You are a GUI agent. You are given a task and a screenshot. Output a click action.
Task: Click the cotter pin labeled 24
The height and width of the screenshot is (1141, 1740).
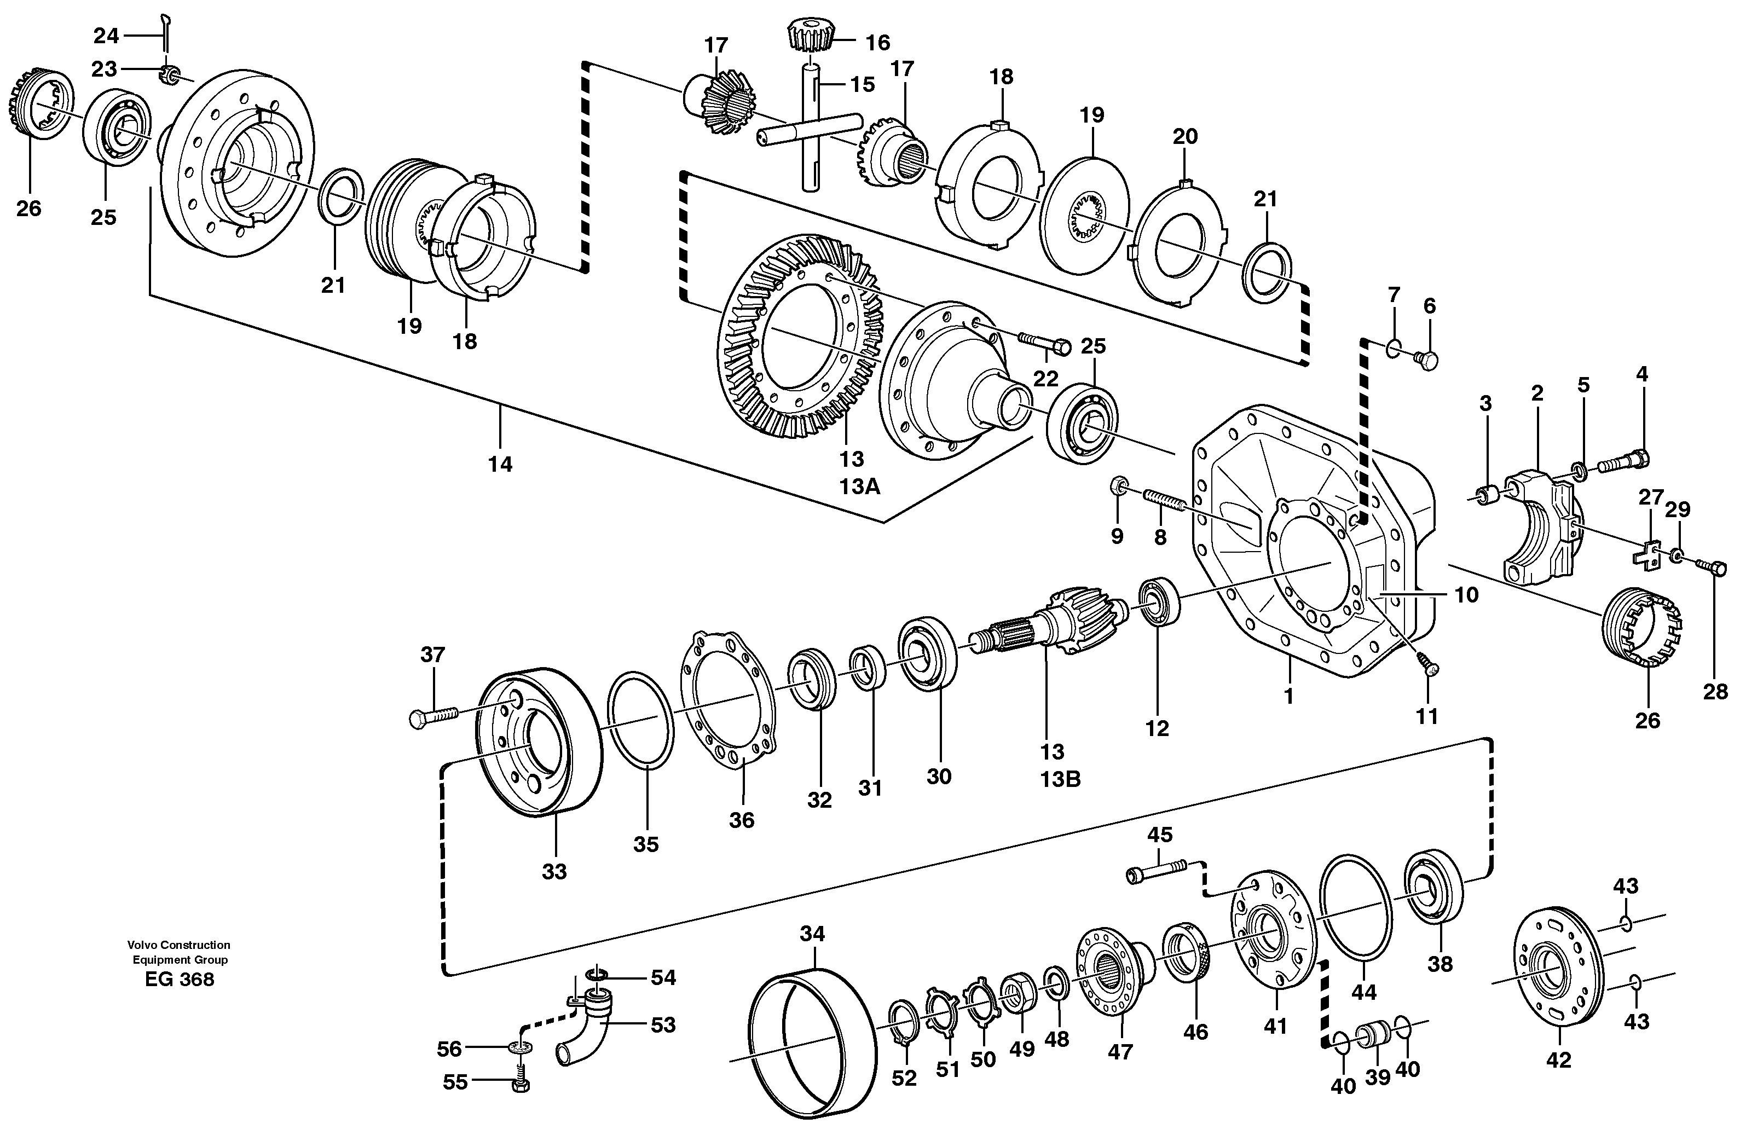[166, 33]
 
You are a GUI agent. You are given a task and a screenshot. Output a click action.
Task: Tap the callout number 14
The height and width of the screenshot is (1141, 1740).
[501, 464]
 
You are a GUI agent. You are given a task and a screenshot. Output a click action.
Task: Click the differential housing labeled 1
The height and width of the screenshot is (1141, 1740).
[1309, 541]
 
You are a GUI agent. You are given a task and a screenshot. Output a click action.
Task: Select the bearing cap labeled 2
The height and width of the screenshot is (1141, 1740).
[1535, 526]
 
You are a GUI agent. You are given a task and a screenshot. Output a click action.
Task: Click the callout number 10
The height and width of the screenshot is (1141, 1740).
[1466, 595]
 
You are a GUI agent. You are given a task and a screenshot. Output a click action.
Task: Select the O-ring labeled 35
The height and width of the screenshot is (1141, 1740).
[640, 721]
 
